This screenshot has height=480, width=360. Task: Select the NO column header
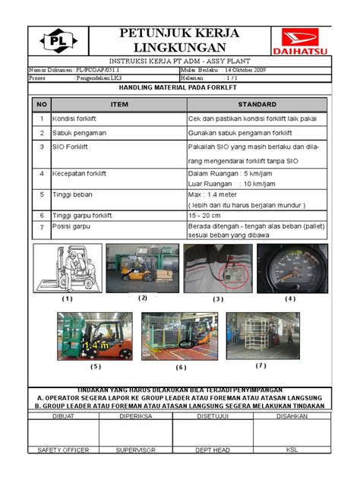[x=41, y=104]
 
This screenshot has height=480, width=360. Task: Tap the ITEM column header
[x=119, y=104]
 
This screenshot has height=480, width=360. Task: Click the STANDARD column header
[x=257, y=104]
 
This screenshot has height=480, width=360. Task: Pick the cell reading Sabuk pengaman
[x=79, y=133]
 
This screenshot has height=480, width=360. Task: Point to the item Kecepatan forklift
[x=79, y=174]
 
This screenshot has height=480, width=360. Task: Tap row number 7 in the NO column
[x=41, y=226]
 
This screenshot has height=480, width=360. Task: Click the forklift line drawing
[x=68, y=267]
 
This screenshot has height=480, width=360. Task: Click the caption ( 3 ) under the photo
[x=218, y=298]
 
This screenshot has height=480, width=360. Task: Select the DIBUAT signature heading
[x=63, y=415]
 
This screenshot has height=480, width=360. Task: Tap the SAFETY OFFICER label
[x=63, y=450]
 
